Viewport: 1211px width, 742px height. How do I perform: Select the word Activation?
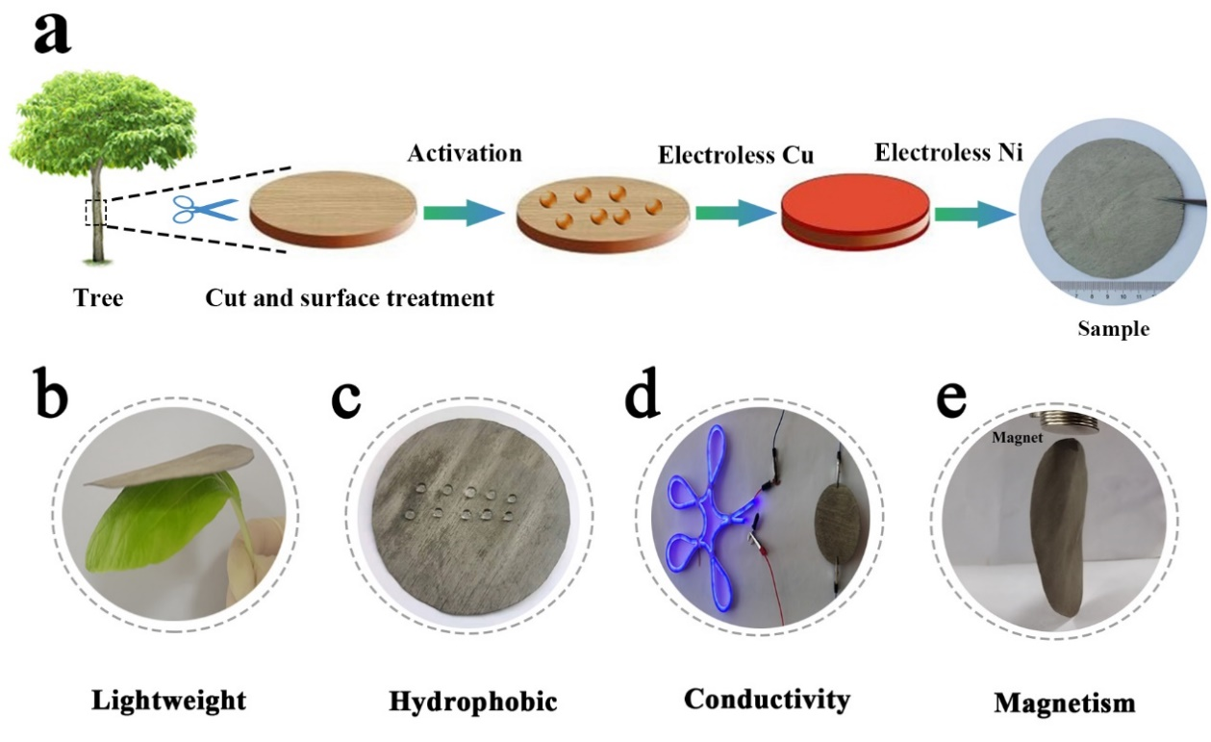pos(464,154)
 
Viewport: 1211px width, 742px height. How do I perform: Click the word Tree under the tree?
pos(99,298)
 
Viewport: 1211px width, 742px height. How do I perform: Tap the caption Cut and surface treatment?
pos(350,297)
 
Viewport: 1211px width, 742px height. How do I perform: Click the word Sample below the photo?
pos(1113,328)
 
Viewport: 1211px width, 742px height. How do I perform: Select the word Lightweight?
pos(168,699)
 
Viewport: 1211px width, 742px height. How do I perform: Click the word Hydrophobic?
pos(473,701)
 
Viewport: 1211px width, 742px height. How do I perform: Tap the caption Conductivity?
pos(767,698)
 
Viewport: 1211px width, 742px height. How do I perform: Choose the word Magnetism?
pos(1065,702)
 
